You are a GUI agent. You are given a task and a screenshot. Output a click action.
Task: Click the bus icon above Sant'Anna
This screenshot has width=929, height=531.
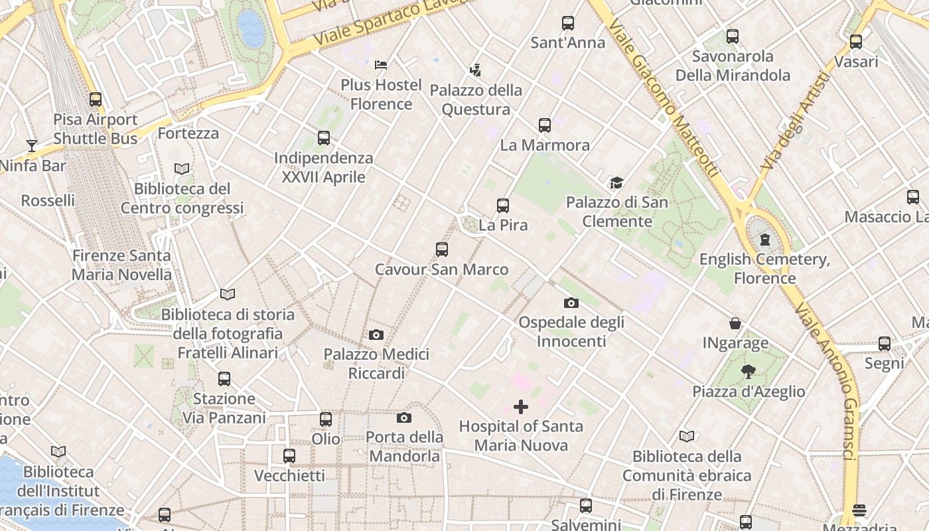(568, 23)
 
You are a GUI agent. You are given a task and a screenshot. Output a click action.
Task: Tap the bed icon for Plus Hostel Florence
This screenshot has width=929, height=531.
(381, 64)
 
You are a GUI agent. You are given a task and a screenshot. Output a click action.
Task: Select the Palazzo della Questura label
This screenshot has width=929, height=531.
(476, 100)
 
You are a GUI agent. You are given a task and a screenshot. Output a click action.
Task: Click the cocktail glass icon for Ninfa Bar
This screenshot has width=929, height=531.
(31, 145)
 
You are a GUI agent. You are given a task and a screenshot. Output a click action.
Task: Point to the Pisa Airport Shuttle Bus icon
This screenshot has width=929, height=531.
(96, 100)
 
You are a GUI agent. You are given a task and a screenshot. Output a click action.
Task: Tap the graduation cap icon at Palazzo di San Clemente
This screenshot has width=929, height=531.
(617, 183)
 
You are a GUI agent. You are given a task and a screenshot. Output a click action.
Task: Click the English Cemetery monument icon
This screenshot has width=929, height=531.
(764, 239)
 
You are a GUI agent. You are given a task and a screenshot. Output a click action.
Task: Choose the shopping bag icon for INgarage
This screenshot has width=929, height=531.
(735, 323)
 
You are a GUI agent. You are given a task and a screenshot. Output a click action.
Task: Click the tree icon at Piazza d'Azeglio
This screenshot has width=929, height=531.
(749, 372)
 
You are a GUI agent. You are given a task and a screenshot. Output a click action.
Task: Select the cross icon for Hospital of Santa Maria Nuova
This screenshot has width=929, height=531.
(521, 406)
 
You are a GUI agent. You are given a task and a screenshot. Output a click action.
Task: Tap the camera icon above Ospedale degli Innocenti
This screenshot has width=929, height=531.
(571, 303)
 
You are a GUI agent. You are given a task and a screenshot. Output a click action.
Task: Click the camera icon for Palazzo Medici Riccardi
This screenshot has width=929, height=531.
(376, 335)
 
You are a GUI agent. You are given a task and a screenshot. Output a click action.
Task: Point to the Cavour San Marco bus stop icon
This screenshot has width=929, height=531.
(442, 250)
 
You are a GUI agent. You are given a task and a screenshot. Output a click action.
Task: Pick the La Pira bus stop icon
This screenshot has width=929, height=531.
(503, 206)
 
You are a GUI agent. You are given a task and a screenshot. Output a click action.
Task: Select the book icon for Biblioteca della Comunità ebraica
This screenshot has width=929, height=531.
(687, 436)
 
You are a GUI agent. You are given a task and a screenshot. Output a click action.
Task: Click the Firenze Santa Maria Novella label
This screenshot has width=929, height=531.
(121, 265)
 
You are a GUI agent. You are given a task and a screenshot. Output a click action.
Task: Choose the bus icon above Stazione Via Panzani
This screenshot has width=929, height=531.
(224, 379)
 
